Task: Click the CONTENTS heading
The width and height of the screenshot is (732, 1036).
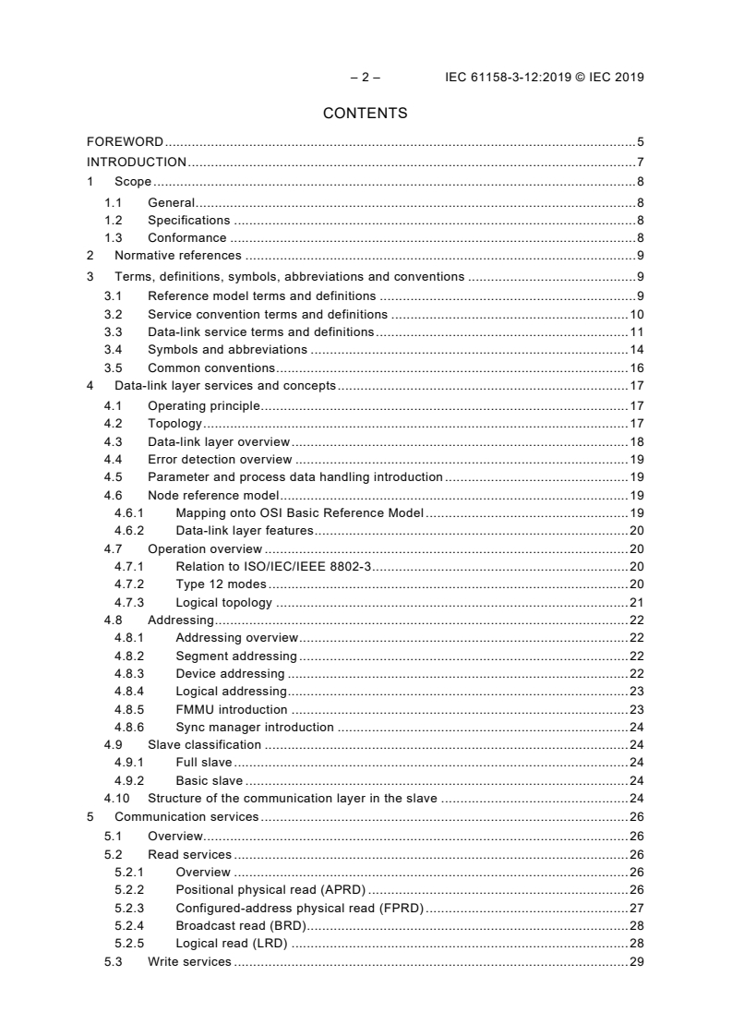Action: pyautogui.click(x=366, y=114)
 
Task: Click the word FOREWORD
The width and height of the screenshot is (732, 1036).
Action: pyautogui.click(x=125, y=141)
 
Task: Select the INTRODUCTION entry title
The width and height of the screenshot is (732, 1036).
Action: pyautogui.click(x=137, y=162)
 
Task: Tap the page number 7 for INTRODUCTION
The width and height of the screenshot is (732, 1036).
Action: pyautogui.click(x=640, y=162)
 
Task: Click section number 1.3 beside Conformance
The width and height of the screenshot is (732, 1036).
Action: pyautogui.click(x=113, y=237)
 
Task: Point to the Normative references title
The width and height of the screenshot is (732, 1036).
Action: pyautogui.click(x=177, y=255)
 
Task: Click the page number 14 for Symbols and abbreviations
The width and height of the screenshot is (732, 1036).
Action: pyautogui.click(x=636, y=349)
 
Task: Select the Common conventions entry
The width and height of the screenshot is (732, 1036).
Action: pyautogui.click(x=211, y=367)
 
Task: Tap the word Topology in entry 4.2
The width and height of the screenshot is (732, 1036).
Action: pyautogui.click(x=175, y=424)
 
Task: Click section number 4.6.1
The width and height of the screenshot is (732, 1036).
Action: pyautogui.click(x=129, y=512)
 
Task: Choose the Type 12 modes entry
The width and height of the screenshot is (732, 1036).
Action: pyautogui.click(x=222, y=584)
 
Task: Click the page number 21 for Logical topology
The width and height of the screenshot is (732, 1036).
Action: pyautogui.click(x=636, y=602)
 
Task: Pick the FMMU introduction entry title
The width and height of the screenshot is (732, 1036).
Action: pyautogui.click(x=232, y=709)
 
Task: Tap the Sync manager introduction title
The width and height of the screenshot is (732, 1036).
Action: pyautogui.click(x=255, y=727)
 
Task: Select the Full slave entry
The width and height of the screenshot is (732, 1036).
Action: pyautogui.click(x=204, y=763)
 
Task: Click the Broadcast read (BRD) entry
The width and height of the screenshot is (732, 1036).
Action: pyautogui.click(x=240, y=925)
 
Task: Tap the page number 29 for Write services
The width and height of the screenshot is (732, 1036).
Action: pyautogui.click(x=636, y=961)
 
